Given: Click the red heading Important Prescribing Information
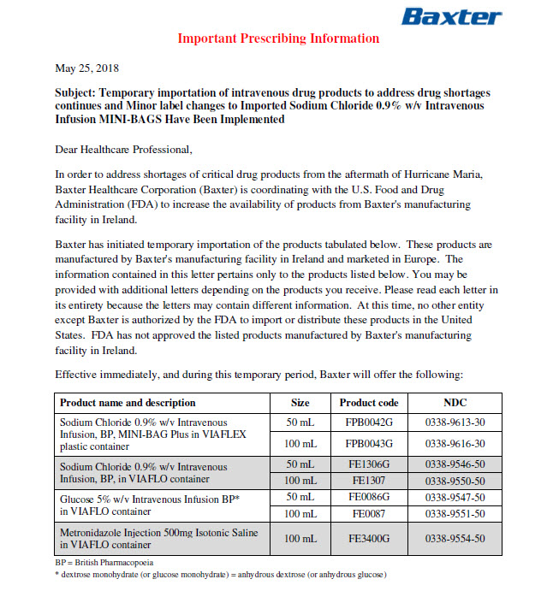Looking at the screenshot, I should click(278, 38).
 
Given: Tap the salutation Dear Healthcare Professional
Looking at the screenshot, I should click(124, 149).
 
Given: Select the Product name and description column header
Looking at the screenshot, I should click(128, 402).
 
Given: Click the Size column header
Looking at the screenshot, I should click(300, 402).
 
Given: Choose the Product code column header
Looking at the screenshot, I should click(369, 402).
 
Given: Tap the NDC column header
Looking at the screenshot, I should click(455, 402).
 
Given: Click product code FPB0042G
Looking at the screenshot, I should click(369, 422).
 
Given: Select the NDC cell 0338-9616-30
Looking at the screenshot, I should click(455, 443).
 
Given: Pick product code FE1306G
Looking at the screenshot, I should click(369, 464).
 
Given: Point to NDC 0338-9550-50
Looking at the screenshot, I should click(455, 481).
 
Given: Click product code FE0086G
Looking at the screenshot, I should click(369, 497).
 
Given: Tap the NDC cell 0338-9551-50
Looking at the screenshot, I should click(455, 514).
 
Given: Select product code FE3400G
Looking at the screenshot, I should click(369, 538).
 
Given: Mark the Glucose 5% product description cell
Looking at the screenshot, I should click(150, 505).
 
